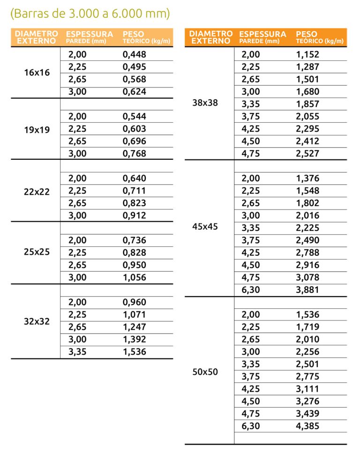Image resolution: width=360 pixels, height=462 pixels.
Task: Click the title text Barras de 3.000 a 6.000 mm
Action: [90, 14]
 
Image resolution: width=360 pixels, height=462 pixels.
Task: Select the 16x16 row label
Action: [37, 73]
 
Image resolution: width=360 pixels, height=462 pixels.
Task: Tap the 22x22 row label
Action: [37, 191]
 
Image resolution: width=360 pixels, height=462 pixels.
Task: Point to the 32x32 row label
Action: [37, 321]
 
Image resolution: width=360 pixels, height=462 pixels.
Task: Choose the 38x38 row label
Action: [205, 104]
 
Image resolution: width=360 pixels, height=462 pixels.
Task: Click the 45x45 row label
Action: [205, 227]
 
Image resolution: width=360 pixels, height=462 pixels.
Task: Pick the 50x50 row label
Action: [205, 373]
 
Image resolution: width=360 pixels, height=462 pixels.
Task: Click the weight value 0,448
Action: [135, 55]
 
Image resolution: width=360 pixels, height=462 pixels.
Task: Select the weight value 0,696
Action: [135, 141]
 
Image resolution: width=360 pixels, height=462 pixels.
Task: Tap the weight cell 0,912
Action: [135, 216]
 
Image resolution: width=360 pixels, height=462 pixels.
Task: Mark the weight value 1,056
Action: [135, 277]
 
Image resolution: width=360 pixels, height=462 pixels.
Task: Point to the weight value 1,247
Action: [135, 327]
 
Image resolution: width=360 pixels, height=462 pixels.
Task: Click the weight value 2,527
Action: [307, 154]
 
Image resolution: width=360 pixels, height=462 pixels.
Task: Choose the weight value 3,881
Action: [307, 290]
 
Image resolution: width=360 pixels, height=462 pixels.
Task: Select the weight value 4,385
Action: [307, 426]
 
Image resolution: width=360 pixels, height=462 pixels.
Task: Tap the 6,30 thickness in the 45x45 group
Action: [251, 290]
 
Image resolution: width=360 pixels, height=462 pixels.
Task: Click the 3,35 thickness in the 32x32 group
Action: [78, 352]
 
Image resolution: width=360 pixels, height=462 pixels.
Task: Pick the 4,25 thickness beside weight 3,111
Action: [251, 389]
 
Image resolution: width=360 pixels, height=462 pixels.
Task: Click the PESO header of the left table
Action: [134, 34]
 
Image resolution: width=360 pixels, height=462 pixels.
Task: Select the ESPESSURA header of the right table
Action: [262, 34]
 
